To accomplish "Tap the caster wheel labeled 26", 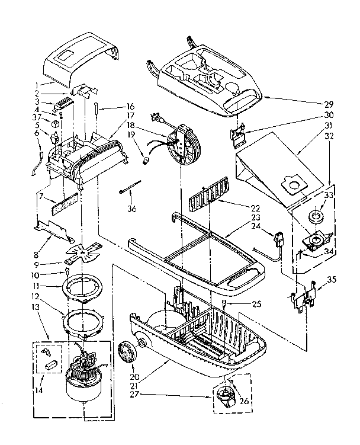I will click(227, 395).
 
